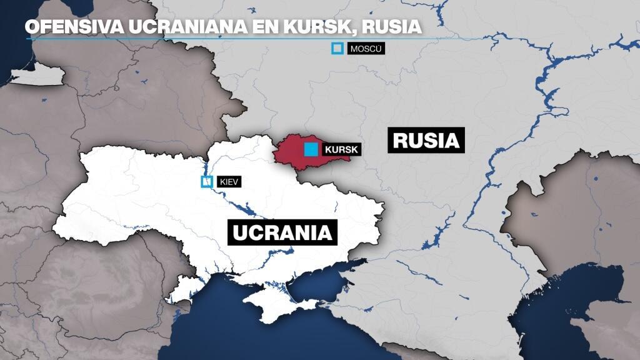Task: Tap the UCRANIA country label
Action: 282,232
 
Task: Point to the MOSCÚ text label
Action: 365,48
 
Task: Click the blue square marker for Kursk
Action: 310,149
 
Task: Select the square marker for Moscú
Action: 338,48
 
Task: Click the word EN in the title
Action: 234,27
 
